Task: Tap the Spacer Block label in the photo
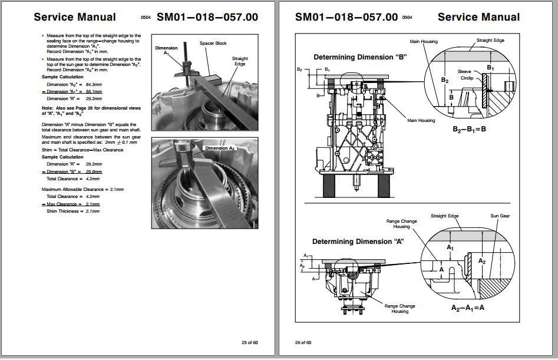coord(213,44)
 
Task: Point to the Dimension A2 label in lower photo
coord(219,148)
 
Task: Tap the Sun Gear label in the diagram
coord(500,216)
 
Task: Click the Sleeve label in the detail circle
coord(464,71)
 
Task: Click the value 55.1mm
coord(94,92)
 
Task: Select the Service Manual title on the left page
coord(75,17)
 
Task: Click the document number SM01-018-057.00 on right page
coord(346,17)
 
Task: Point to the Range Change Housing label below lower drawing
coord(399,309)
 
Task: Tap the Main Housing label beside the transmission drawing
coord(421,120)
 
